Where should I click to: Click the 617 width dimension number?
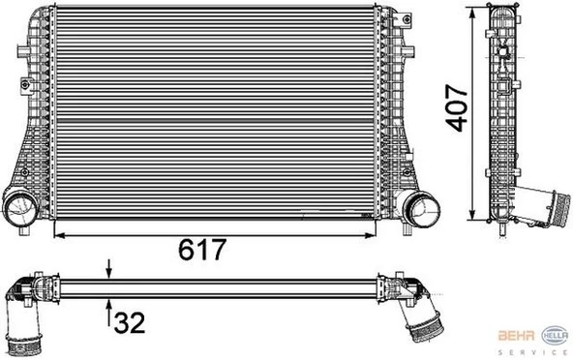pos(201,250)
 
